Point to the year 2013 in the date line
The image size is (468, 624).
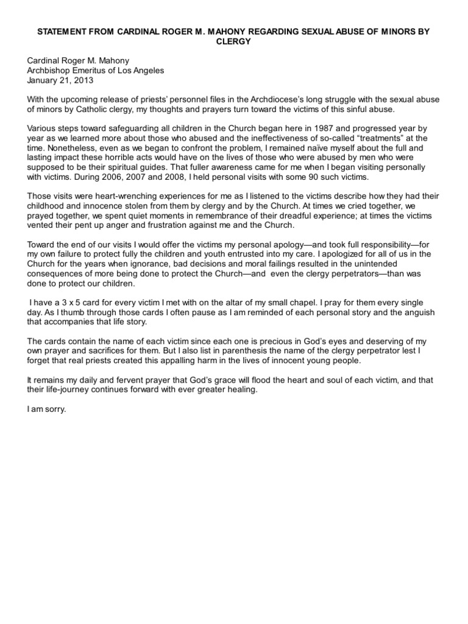tap(85, 80)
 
